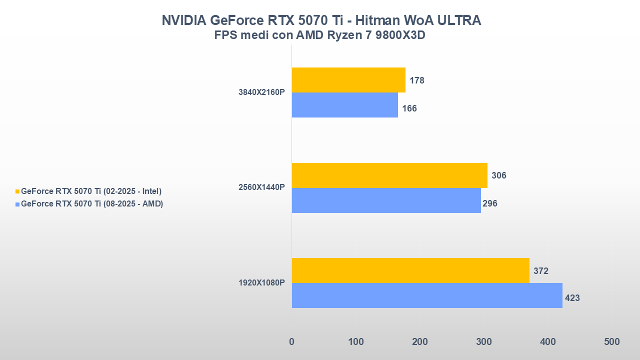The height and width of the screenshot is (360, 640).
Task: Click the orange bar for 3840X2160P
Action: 348,80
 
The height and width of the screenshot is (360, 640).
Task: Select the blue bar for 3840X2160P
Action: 345,105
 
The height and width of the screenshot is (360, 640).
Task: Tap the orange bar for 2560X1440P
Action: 389,175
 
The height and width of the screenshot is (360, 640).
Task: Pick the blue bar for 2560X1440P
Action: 386,200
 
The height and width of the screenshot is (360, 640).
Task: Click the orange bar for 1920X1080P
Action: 410,270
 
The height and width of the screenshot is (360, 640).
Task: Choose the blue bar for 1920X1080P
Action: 427,295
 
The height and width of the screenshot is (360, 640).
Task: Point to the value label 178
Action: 416,80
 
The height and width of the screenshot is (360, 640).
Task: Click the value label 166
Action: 409,108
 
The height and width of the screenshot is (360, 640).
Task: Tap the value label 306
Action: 498,175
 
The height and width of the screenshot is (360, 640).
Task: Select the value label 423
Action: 572,298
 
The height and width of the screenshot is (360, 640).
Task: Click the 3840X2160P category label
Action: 261,92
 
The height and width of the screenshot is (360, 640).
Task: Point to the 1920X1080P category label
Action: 261,283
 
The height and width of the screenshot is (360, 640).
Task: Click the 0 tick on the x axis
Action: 292,342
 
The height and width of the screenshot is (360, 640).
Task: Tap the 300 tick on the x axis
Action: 483,342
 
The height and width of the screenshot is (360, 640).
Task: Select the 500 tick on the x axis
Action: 611,342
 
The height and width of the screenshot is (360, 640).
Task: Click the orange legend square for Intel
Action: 17,191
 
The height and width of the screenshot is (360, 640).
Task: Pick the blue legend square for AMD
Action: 17,204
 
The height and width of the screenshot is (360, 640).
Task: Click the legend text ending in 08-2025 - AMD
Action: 92,204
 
